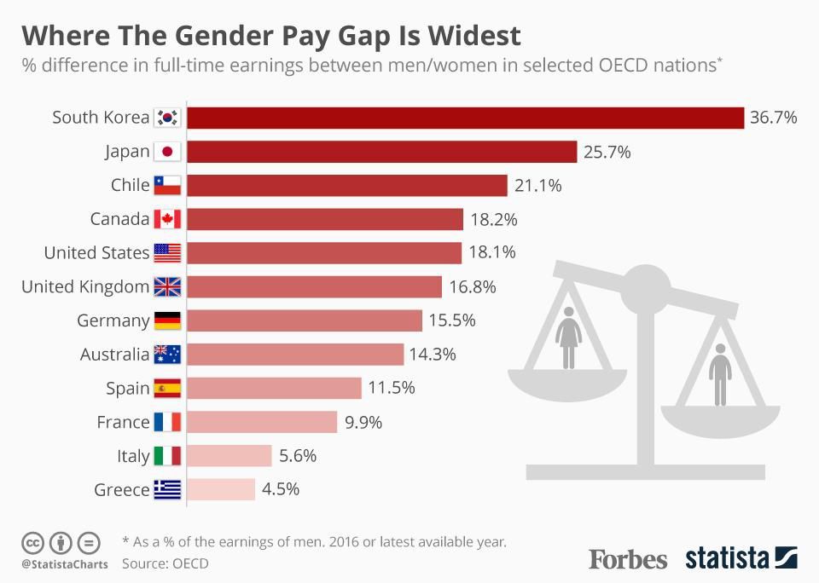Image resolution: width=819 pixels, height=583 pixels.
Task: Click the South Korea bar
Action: click(x=465, y=118)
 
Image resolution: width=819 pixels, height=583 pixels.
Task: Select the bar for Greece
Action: click(x=220, y=489)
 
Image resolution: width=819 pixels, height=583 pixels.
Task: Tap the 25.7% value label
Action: click(x=607, y=152)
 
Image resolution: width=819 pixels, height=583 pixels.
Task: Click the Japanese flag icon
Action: click(x=167, y=152)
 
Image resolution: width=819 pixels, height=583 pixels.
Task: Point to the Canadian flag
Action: click(x=167, y=219)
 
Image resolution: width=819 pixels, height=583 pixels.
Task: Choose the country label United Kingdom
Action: click(x=85, y=287)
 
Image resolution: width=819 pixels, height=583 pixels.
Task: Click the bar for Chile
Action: click(x=346, y=186)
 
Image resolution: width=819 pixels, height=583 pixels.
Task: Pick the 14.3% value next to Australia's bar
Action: click(x=433, y=354)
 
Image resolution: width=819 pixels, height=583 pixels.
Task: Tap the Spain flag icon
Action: click(x=167, y=389)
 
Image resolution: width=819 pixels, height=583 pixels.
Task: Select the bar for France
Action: click(x=261, y=422)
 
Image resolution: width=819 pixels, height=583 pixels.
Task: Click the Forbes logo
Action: click(x=628, y=559)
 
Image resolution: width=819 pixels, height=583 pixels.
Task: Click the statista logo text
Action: click(x=727, y=559)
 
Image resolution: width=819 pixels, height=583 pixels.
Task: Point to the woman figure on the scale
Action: click(x=568, y=338)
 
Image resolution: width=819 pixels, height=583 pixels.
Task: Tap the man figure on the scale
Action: click(x=720, y=374)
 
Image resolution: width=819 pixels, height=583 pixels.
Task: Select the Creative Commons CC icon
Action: click(x=32, y=542)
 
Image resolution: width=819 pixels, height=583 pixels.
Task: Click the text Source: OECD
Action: click(x=165, y=563)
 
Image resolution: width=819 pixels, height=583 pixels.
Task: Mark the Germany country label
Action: click(x=113, y=320)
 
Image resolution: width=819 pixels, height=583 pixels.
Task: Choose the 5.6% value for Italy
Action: click(x=298, y=456)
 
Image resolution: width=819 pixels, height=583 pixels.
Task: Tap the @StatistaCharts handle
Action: click(x=65, y=564)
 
